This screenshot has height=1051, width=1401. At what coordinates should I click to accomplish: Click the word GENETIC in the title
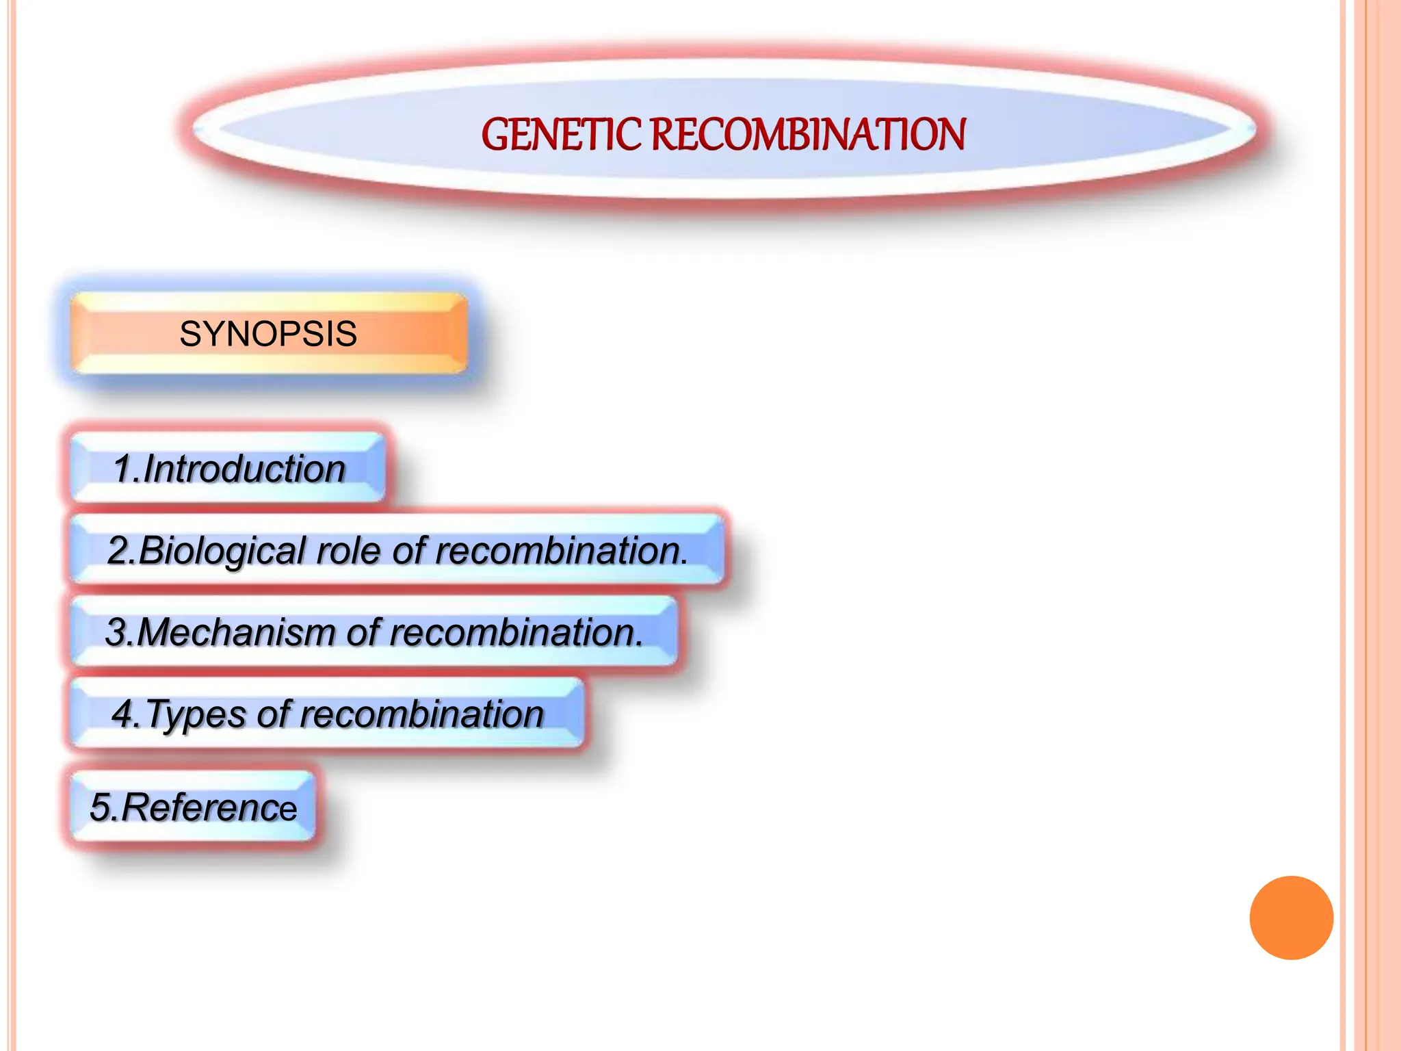tap(562, 134)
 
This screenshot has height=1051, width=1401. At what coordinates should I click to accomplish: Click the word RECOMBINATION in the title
tap(808, 134)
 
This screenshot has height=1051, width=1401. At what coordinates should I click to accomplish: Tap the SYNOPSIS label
tap(268, 334)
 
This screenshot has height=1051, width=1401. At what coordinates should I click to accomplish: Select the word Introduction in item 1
tap(244, 469)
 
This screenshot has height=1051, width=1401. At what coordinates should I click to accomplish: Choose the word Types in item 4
tap(196, 714)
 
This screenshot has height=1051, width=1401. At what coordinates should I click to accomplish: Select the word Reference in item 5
tap(209, 807)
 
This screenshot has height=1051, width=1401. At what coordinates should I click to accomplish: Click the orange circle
tap(1291, 918)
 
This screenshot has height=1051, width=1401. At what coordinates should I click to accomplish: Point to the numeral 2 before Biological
tap(118, 551)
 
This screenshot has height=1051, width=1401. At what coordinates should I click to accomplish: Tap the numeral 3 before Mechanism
tap(117, 632)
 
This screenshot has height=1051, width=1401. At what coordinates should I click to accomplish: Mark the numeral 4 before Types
tap(124, 714)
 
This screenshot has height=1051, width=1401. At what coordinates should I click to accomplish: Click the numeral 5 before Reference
tap(101, 807)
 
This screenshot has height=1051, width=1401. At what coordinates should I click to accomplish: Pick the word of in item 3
tap(363, 632)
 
